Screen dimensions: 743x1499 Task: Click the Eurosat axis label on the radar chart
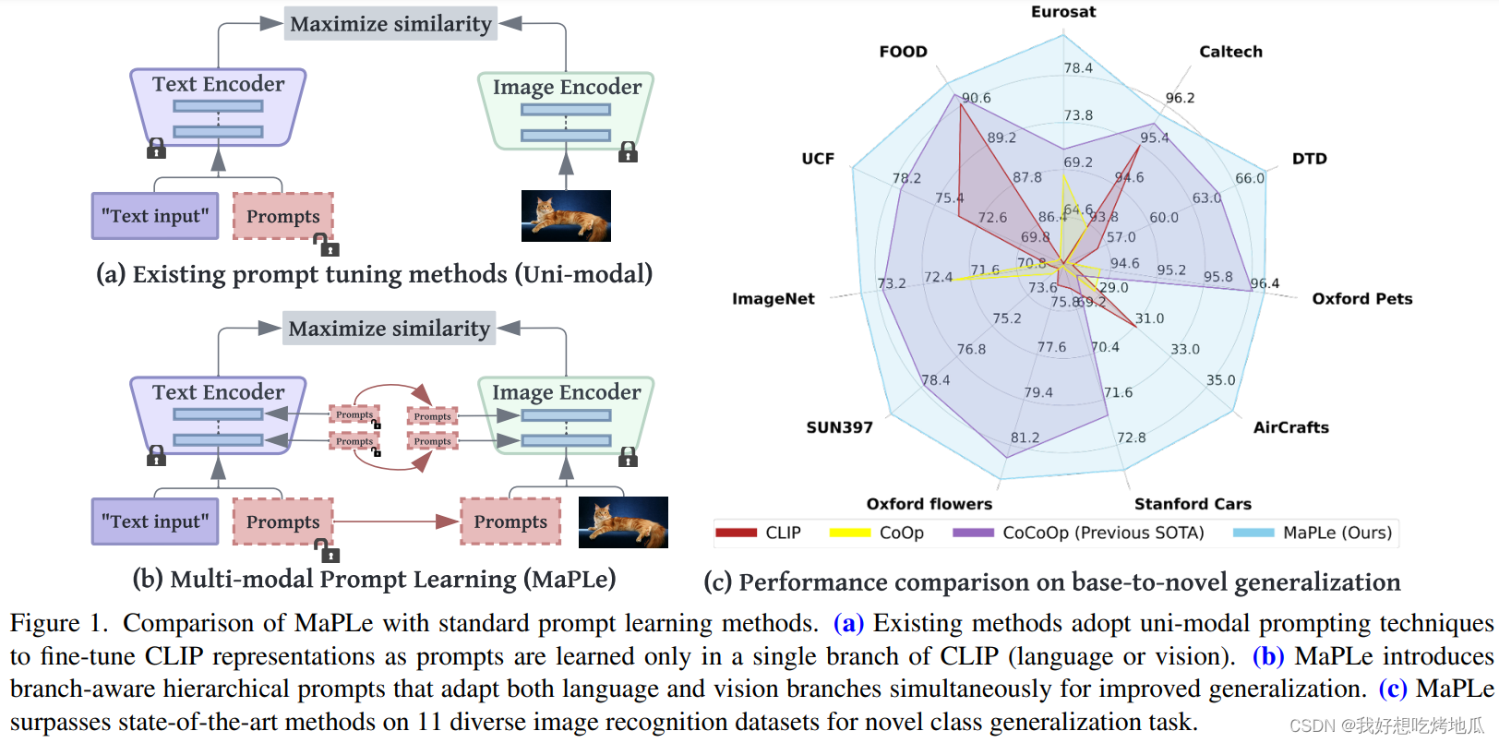[x=1063, y=12]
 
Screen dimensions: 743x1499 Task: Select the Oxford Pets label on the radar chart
[x=1361, y=299]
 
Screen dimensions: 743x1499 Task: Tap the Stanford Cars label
[x=1193, y=504]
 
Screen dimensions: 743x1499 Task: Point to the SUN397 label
[x=839, y=427]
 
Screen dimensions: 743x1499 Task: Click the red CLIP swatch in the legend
[x=736, y=533]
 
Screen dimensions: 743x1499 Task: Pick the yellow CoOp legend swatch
[x=850, y=533]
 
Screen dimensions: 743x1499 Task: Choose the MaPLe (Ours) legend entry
[x=1337, y=533]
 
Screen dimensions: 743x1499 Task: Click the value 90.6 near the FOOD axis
[x=976, y=98]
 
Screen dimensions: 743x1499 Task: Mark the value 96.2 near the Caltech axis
[x=1180, y=98]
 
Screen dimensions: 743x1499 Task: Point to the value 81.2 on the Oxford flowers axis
[x=1025, y=437]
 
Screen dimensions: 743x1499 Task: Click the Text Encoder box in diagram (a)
[x=219, y=106]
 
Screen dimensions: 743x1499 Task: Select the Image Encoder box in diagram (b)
[x=566, y=415]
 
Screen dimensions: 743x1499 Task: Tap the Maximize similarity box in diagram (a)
[x=390, y=24]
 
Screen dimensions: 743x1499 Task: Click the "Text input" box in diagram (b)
[x=155, y=521]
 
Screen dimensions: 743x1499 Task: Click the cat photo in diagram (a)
[x=566, y=216]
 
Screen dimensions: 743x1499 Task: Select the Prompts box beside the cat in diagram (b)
[x=510, y=521]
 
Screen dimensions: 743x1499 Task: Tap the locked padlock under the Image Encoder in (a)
[x=628, y=151]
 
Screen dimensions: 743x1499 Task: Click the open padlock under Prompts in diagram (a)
[x=327, y=245]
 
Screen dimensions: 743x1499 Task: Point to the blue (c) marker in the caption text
[x=1392, y=689]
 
